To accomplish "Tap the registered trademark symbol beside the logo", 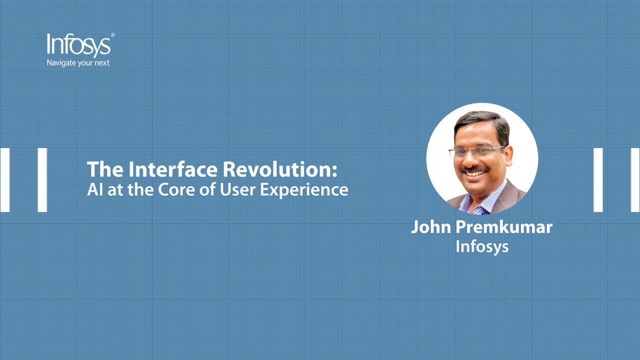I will (113, 35).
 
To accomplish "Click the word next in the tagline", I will (101, 63).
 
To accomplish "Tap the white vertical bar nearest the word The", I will (42, 180).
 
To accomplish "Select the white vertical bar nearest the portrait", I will (598, 180).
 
